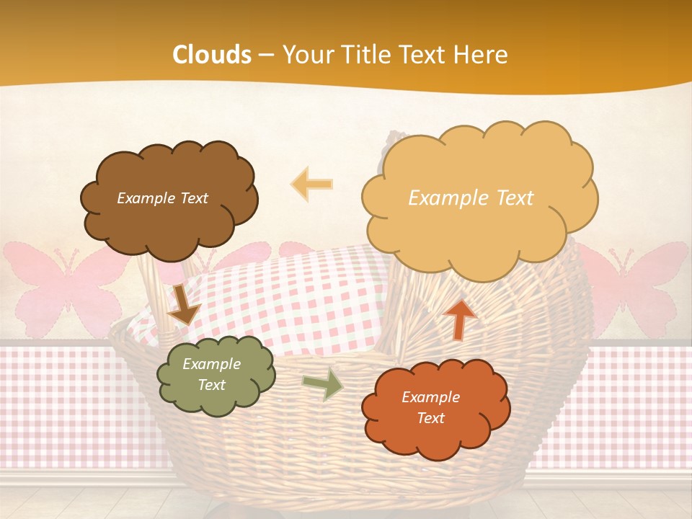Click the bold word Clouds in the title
[x=212, y=55]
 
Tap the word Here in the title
[x=481, y=55]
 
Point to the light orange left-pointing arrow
[x=312, y=184]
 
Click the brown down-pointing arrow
[x=183, y=304]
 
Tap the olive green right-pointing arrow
[x=322, y=384]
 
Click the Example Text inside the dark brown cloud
[x=162, y=198]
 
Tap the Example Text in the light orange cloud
[x=471, y=198]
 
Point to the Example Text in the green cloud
[x=211, y=375]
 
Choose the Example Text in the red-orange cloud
[x=430, y=407]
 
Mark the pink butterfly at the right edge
[x=638, y=285]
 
